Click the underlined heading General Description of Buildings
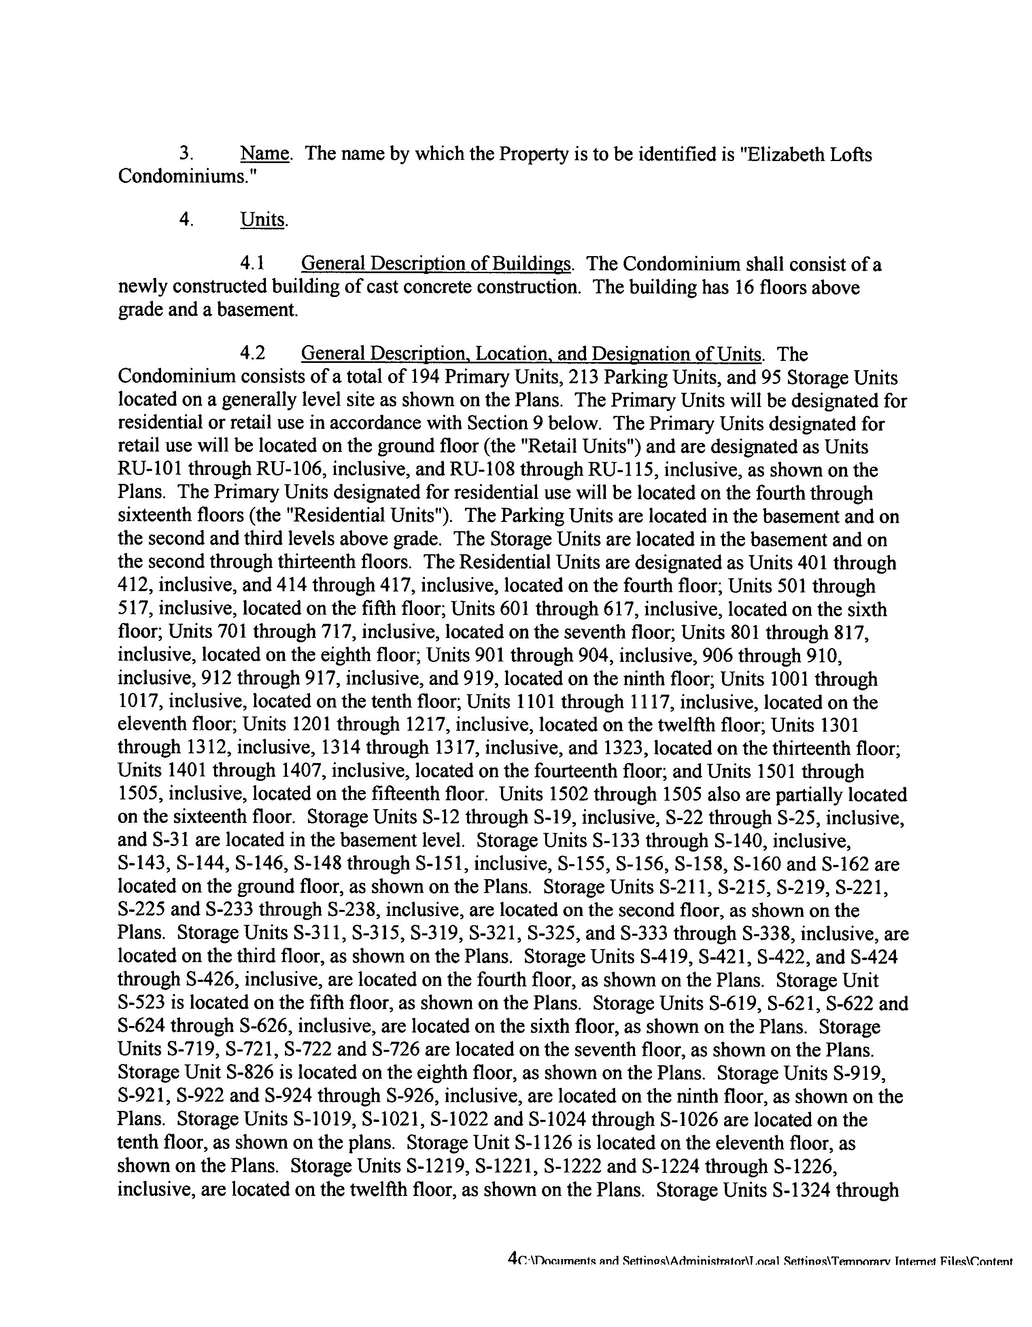coord(436,264)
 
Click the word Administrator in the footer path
coord(705,1261)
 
